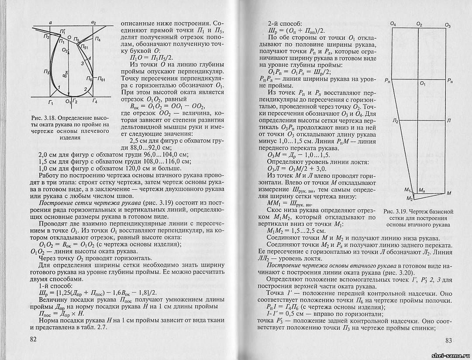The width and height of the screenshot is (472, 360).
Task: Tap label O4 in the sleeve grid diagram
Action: point(393,24)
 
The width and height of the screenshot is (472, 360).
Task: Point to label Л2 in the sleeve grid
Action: point(395,121)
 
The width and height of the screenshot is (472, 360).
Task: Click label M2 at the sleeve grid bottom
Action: point(409,198)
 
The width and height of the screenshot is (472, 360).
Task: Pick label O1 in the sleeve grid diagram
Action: point(423,83)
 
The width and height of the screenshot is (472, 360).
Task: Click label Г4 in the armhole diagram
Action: point(95,102)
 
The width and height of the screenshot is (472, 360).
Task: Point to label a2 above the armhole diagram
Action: point(93,22)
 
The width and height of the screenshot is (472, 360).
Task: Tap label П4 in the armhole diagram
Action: point(97,40)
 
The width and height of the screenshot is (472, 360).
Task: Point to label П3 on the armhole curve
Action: point(46,72)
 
